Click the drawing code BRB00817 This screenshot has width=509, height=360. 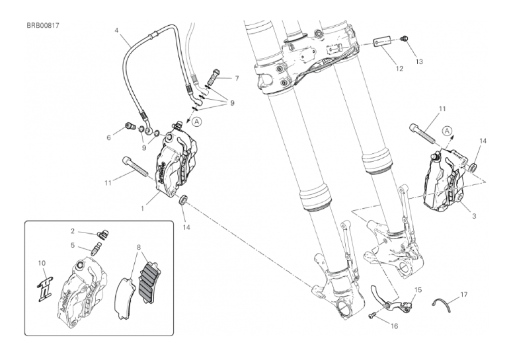(43, 26)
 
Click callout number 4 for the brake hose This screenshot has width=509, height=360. (116, 30)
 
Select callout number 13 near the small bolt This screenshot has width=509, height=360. (419, 61)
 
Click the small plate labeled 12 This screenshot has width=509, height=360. (381, 43)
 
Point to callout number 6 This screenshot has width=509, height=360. (109, 137)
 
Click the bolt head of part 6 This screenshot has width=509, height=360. (130, 126)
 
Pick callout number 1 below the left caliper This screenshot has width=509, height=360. (142, 208)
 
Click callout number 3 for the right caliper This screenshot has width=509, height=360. (474, 216)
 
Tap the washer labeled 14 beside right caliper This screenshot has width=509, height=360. (473, 168)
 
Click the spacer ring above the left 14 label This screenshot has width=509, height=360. (184, 199)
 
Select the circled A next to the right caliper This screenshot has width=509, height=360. (447, 131)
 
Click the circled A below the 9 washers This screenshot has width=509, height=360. (197, 122)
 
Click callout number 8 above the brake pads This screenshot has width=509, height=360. (139, 248)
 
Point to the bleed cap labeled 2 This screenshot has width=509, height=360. (102, 234)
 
